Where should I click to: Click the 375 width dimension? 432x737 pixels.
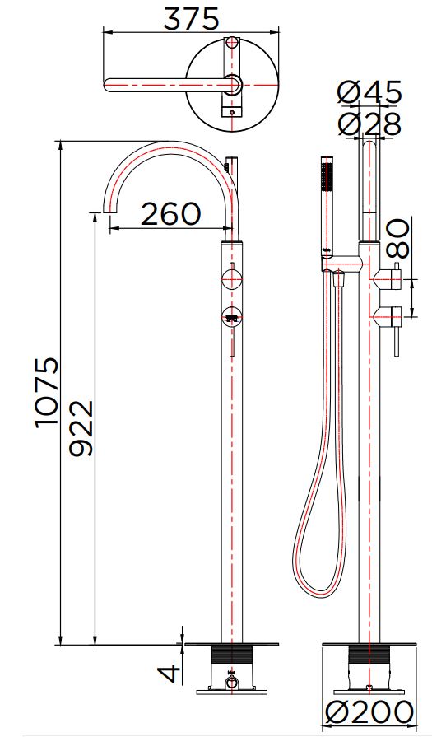pos(191,20)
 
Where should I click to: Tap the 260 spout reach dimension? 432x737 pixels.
pos(170,214)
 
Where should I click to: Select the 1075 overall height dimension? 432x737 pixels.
pos(48,391)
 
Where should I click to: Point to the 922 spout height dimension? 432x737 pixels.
pos(81,428)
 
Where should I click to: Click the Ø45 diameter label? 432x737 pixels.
pos(370,92)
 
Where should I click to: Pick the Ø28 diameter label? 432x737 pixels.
pos(370,124)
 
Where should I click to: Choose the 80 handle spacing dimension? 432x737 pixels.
pos(398,238)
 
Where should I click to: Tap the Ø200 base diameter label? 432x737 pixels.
pos(370,712)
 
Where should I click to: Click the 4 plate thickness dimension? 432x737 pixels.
pos(170,673)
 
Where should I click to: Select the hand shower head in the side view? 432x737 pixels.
pos(327,205)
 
